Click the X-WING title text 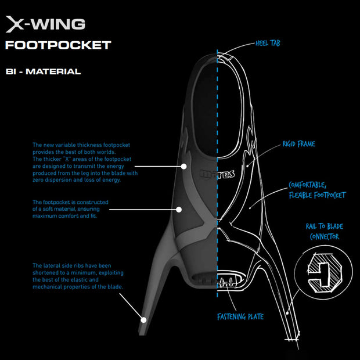45,24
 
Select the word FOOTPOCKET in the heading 57,45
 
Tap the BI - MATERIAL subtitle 43,72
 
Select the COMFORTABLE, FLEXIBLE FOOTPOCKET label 316,190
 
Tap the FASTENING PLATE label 240,316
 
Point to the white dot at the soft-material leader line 178,209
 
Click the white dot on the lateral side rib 142,318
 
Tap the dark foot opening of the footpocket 206,110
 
